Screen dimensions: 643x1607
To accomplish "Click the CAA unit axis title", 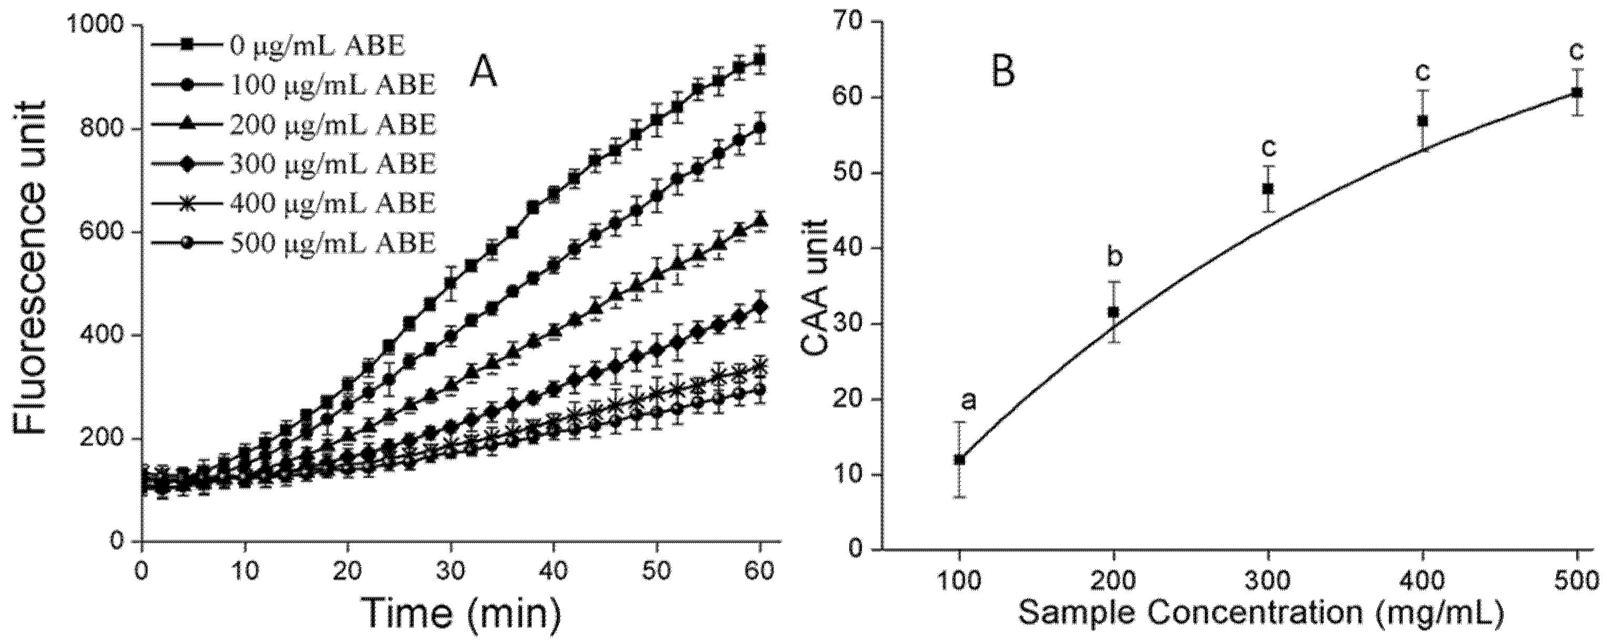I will [x=813, y=287].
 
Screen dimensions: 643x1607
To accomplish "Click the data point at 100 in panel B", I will [x=959, y=459].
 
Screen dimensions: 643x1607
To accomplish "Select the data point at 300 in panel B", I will [x=1268, y=189].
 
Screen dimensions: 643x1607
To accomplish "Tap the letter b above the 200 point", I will [x=1114, y=256].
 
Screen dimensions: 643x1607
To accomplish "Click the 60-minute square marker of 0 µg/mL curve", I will [x=760, y=60].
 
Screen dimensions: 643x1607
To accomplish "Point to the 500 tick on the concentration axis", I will [x=1577, y=580].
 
